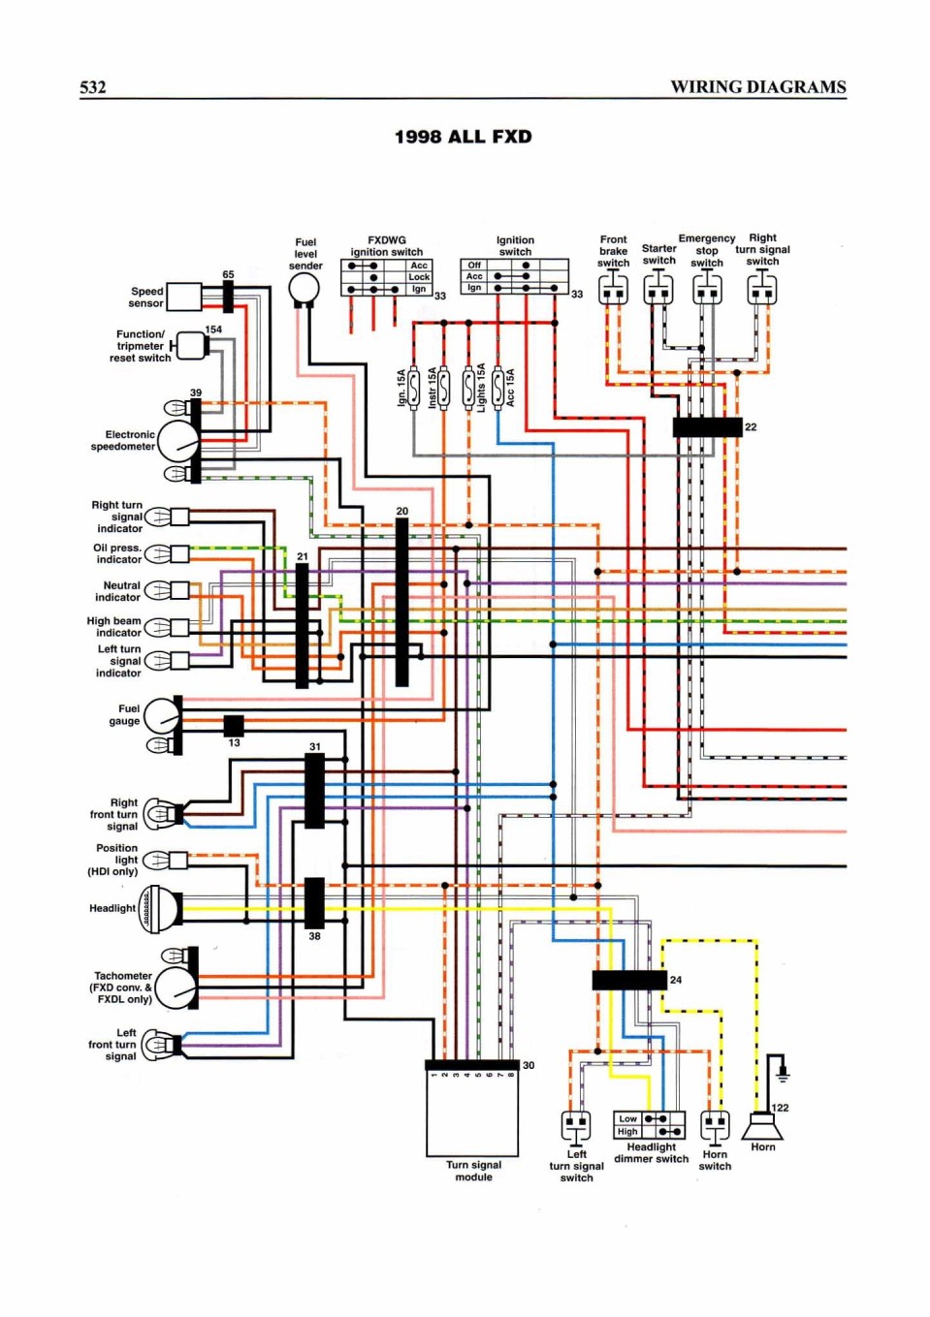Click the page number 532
tap(93, 87)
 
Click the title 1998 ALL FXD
tap(464, 137)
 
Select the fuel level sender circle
tap(305, 290)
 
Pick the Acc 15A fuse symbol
tap(497, 388)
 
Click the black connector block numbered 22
tap(708, 427)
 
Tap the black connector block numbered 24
tap(629, 980)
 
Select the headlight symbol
tap(160, 908)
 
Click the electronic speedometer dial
tap(178, 441)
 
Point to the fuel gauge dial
tap(162, 715)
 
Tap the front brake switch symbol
tap(614, 288)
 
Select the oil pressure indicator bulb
tap(158, 553)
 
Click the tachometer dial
tap(176, 988)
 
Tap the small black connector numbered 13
tap(234, 726)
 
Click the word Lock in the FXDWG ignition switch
tap(419, 277)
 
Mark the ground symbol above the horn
tap(783, 1075)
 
